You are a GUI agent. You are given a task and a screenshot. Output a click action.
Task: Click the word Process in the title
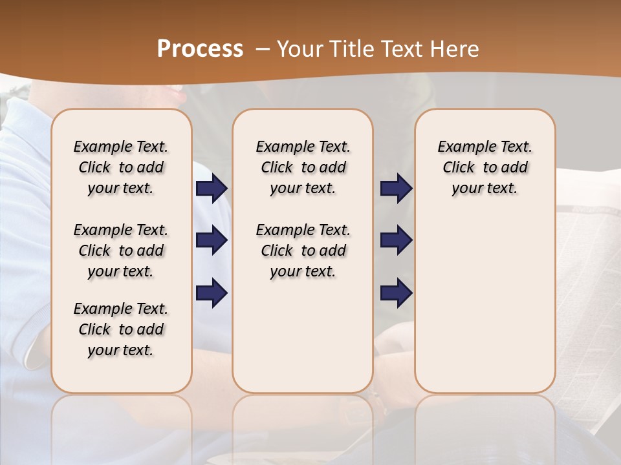(x=200, y=48)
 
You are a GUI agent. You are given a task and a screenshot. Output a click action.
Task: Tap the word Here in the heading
(x=456, y=48)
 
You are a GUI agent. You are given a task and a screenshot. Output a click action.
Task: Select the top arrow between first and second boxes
(x=212, y=188)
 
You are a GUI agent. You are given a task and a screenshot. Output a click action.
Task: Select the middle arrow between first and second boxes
(x=212, y=240)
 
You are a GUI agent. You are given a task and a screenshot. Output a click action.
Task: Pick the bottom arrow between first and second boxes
(x=212, y=293)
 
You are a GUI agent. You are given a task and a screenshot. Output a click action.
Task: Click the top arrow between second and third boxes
(x=396, y=188)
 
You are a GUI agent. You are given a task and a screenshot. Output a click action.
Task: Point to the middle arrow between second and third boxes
(x=396, y=240)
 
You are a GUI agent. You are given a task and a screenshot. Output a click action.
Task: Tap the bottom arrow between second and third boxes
(x=396, y=293)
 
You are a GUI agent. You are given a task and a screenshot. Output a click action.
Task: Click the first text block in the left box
(x=121, y=167)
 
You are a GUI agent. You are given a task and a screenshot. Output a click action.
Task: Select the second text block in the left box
(x=121, y=251)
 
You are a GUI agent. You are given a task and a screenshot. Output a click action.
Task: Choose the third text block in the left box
(x=121, y=329)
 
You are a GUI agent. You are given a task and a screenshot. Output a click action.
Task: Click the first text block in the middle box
(x=303, y=167)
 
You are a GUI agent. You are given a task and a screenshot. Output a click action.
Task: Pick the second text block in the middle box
(x=303, y=251)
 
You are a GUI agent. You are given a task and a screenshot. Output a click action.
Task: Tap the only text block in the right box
(x=485, y=167)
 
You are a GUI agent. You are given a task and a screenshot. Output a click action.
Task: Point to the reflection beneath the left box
(x=122, y=420)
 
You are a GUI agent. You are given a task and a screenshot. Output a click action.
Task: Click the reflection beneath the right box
(x=485, y=420)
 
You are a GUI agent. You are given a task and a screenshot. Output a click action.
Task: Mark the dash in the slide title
(x=263, y=48)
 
